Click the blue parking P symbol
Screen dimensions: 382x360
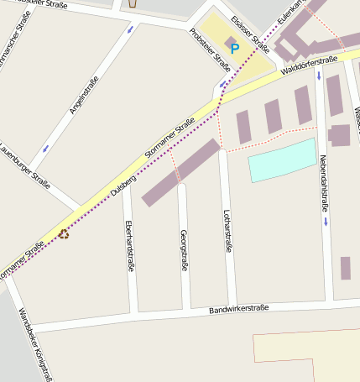pos(235,49)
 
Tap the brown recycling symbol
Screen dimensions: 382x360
pos(64,234)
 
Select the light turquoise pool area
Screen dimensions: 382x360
pos(282,160)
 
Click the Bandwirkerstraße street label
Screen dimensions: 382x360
pos(238,309)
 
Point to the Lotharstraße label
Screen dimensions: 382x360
pos(227,231)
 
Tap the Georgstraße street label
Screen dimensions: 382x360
pos(184,250)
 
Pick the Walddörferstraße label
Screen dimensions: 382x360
pos(309,65)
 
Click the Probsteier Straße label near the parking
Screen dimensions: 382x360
pos(210,50)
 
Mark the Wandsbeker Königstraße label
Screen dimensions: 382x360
pos(35,344)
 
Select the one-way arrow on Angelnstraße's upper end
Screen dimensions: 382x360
pos(129,31)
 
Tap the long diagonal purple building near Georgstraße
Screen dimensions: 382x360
pos(180,172)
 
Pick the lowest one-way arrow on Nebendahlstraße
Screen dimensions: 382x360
pos(325,222)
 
